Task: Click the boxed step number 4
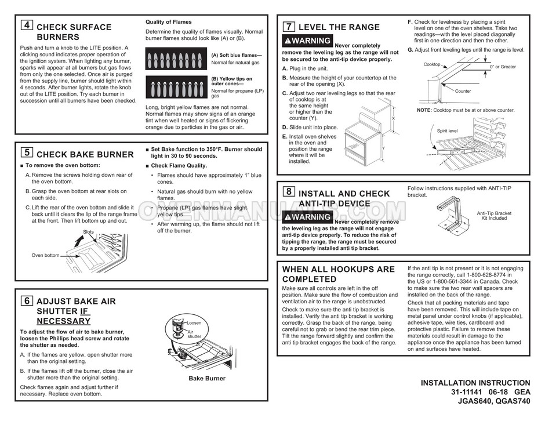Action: pos(27,26)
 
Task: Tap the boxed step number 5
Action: pos(27,153)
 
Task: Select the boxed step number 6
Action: pos(27,300)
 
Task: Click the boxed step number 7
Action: pos(289,26)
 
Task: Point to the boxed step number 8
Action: pos(289,191)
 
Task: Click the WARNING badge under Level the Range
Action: pos(307,41)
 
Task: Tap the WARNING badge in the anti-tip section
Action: pos(307,217)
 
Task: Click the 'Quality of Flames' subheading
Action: pos(168,22)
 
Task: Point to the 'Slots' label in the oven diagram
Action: pos(88,231)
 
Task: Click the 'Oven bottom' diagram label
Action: pos(45,255)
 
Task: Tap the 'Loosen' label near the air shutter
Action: pos(194,322)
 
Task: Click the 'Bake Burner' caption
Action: pos(207,379)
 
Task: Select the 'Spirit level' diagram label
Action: pos(447,132)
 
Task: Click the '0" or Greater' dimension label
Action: pos(502,67)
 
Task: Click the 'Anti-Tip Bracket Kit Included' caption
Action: pos(493,216)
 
